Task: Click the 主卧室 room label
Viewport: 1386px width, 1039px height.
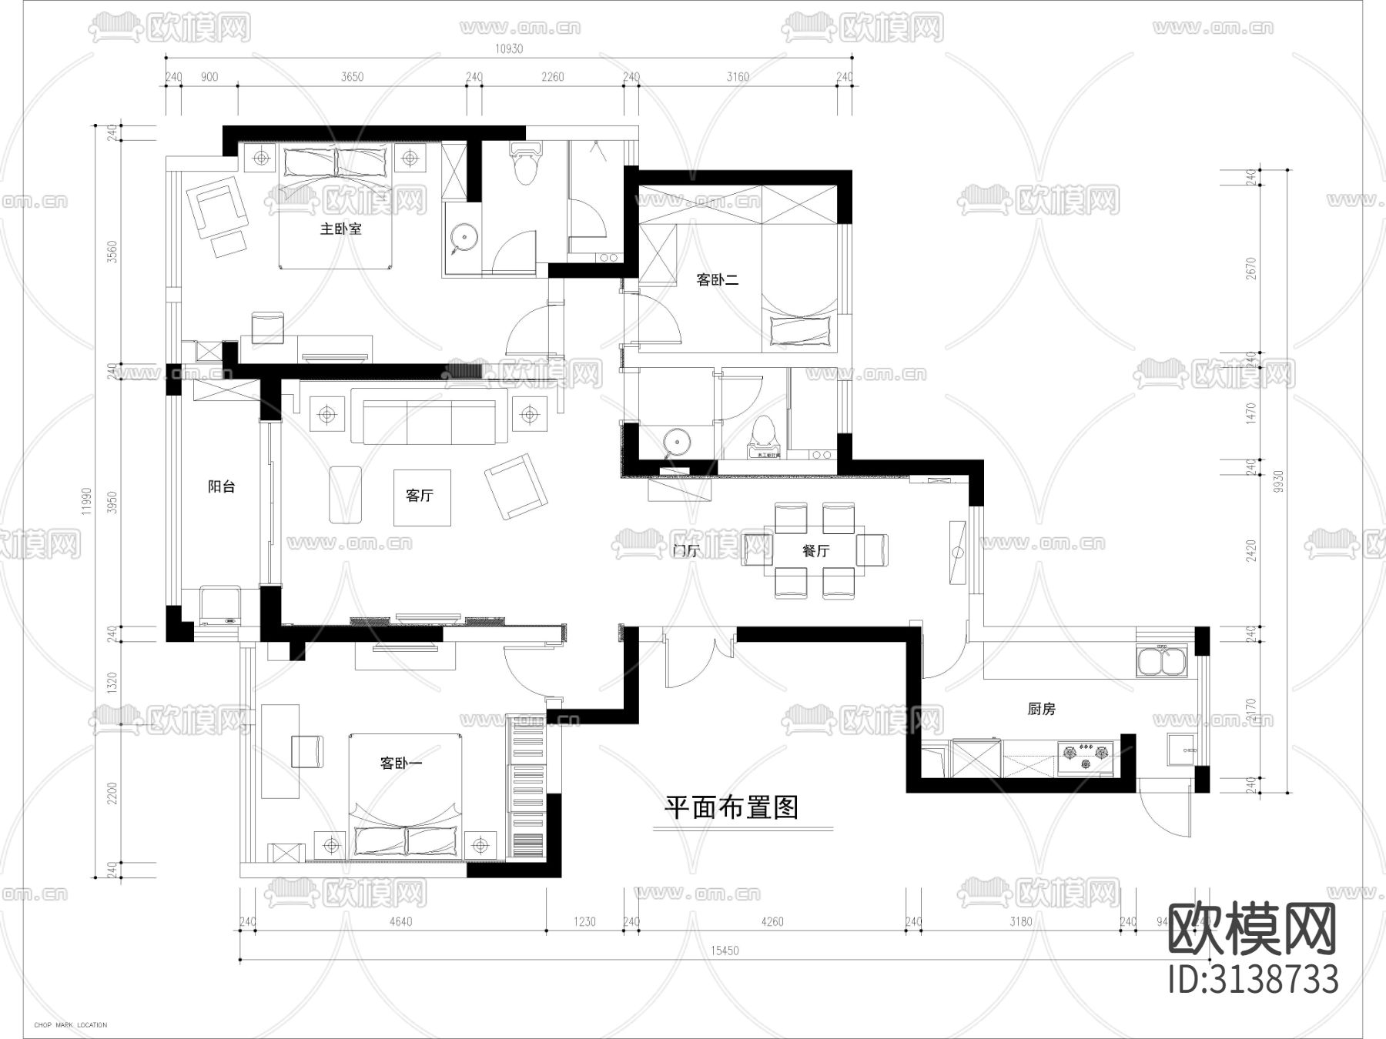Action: [x=340, y=229]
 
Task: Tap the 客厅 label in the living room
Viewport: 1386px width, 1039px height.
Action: [x=420, y=496]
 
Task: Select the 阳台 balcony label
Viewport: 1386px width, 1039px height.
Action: [x=222, y=486]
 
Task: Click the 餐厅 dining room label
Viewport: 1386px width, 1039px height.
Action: [x=815, y=551]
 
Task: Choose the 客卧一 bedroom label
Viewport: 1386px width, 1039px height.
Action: [x=400, y=763]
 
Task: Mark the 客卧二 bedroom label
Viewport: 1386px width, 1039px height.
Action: [x=718, y=280]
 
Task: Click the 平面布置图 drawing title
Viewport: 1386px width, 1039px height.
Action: [x=731, y=807]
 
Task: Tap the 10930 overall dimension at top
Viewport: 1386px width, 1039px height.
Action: [x=508, y=48]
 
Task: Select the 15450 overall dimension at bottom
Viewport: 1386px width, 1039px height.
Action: [x=724, y=950]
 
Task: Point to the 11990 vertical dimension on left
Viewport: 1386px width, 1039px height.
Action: [x=85, y=501]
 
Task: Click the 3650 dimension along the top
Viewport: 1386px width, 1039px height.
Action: [x=352, y=77]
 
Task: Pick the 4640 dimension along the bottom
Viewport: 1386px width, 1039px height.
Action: [x=400, y=921]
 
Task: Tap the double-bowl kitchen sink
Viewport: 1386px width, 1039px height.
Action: [x=1162, y=661]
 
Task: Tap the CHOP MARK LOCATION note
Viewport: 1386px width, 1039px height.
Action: [x=71, y=1025]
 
